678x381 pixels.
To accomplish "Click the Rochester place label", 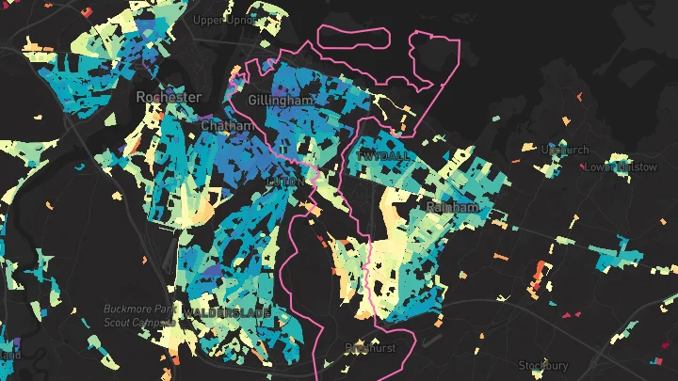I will (169, 97).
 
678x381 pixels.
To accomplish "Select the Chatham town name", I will (226, 125).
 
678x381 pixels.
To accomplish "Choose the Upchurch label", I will (564, 150).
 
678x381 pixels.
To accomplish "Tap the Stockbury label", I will (543, 365).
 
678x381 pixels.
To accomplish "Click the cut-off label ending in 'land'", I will (9, 356).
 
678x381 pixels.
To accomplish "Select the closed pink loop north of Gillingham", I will (354, 36).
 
